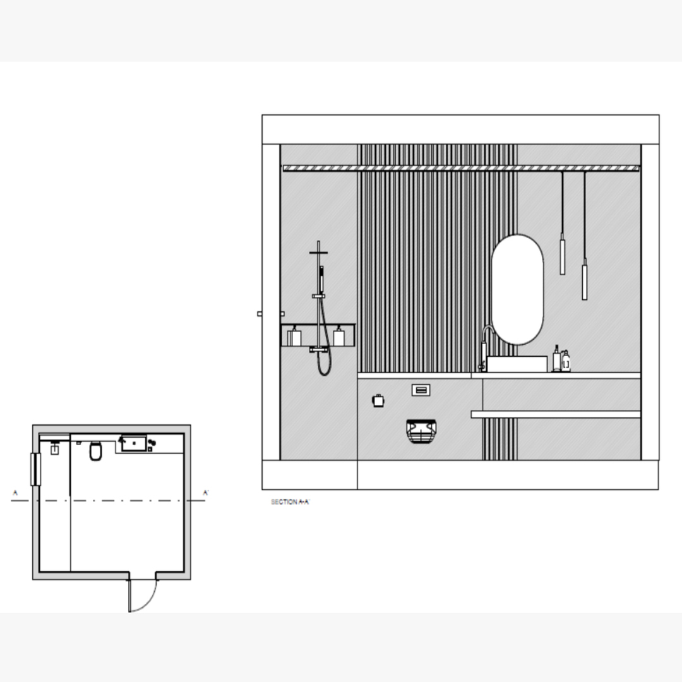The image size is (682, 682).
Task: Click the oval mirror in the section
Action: [x=517, y=290]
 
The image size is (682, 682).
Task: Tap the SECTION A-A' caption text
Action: [x=290, y=502]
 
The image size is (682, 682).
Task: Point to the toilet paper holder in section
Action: [x=378, y=400]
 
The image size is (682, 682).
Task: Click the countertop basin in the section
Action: [x=517, y=364]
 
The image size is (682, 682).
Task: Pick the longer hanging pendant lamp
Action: [x=584, y=278]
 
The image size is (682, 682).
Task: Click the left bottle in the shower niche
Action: [x=295, y=337]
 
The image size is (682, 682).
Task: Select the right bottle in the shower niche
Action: [x=339, y=337]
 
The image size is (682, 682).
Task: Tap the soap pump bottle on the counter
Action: [x=556, y=359]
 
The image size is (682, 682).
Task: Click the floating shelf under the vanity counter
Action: [x=556, y=414]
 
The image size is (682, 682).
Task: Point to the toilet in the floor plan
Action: [x=96, y=452]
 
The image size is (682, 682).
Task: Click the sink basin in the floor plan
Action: [x=133, y=443]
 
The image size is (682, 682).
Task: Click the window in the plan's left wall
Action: [x=35, y=469]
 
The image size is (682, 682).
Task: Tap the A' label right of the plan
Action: [x=206, y=493]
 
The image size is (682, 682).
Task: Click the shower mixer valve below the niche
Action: [x=318, y=349]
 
